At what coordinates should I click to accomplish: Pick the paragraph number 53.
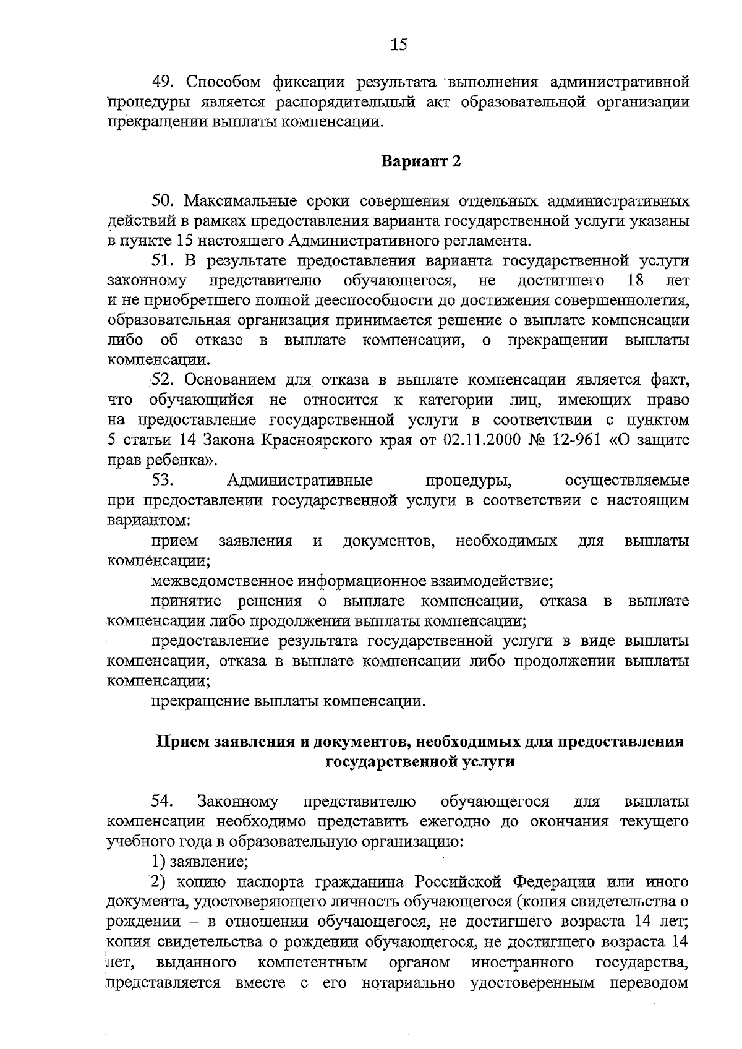[164, 480]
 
